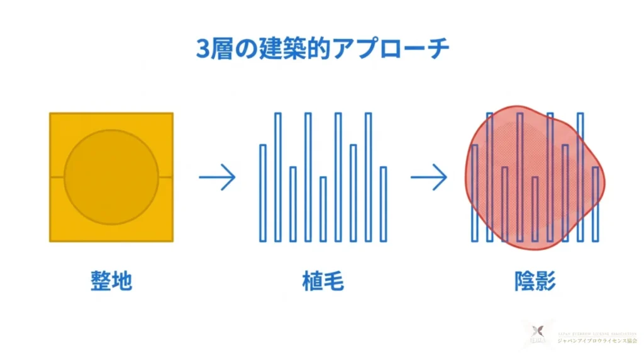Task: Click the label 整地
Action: [x=111, y=281]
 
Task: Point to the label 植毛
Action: [x=323, y=281]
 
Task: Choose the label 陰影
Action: [x=535, y=281]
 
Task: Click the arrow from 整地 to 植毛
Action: [x=217, y=177]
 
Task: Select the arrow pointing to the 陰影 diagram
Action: [x=429, y=177]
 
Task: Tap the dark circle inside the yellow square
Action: [x=111, y=177]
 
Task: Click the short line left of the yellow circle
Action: [x=57, y=177]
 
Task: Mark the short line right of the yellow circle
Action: [x=165, y=177]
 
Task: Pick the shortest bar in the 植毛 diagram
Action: [x=323, y=209]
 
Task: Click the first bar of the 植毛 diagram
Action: [x=263, y=193]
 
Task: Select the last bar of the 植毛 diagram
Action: [x=384, y=204]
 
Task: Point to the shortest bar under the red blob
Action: [x=535, y=209]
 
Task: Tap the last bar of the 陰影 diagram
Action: [x=596, y=204]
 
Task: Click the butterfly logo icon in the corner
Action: [x=536, y=333]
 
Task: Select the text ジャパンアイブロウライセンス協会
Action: [x=597, y=340]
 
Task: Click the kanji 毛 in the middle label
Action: [x=334, y=281]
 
